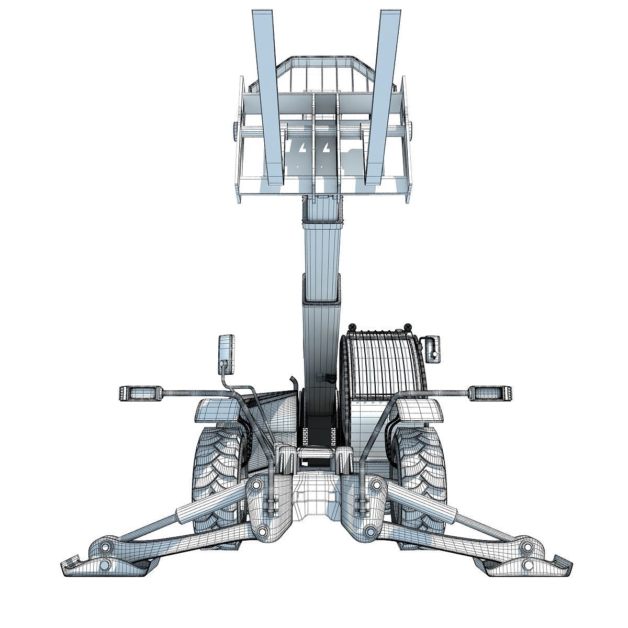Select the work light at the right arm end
click(x=490, y=392)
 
